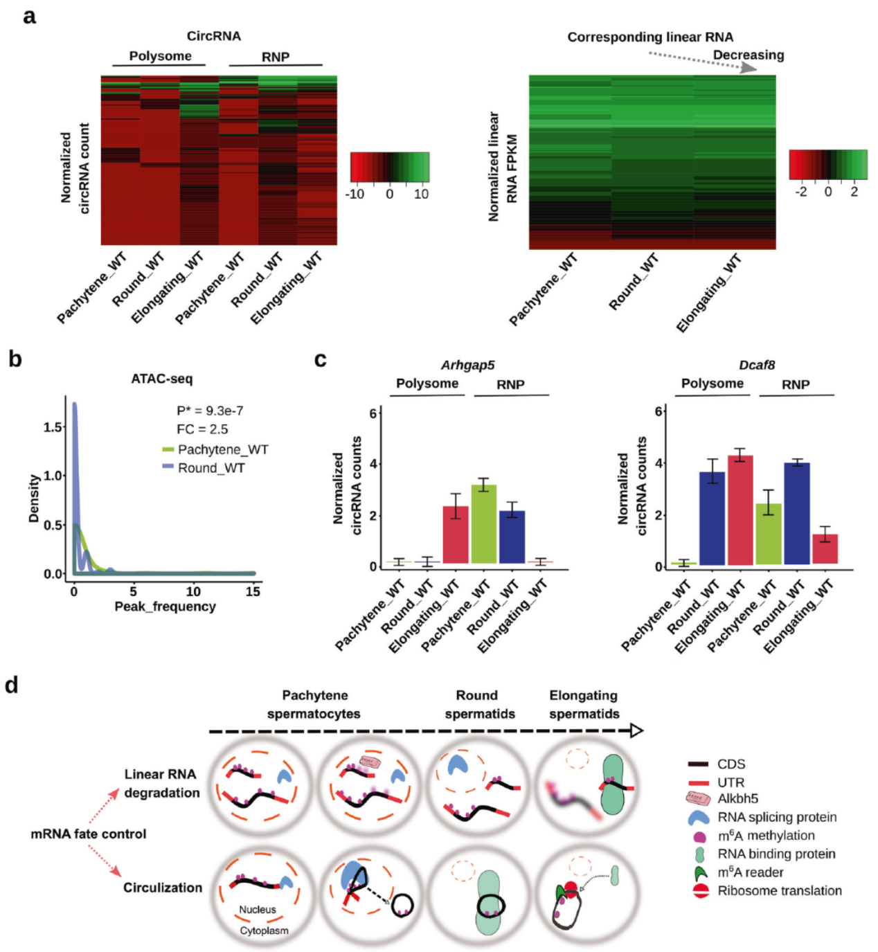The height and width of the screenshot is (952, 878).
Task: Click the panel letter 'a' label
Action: tap(29, 16)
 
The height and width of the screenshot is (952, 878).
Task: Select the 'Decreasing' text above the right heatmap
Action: tap(748, 55)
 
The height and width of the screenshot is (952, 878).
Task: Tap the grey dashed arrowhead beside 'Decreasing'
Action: tap(748, 67)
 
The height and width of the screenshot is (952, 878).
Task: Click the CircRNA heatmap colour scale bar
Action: tap(389, 167)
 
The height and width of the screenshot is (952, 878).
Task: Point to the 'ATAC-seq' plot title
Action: tap(162, 379)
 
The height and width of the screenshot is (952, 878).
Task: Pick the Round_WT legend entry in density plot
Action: tap(210, 468)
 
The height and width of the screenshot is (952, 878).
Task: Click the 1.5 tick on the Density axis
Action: tap(54, 427)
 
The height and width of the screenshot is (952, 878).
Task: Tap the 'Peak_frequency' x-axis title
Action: tap(165, 607)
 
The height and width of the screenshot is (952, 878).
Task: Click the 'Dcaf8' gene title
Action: tap(757, 365)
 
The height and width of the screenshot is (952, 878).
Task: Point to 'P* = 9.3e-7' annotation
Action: tap(210, 411)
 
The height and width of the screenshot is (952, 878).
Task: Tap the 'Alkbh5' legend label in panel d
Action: tap(737, 798)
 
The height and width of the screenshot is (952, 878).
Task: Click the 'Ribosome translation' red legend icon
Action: tap(701, 891)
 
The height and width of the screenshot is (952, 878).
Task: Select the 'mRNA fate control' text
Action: tap(89, 834)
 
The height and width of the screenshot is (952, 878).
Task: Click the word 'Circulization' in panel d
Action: tap(163, 888)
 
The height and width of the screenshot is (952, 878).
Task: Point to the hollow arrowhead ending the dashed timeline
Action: tap(636, 730)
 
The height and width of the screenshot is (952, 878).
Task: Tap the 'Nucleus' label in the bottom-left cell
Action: tap(258, 909)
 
